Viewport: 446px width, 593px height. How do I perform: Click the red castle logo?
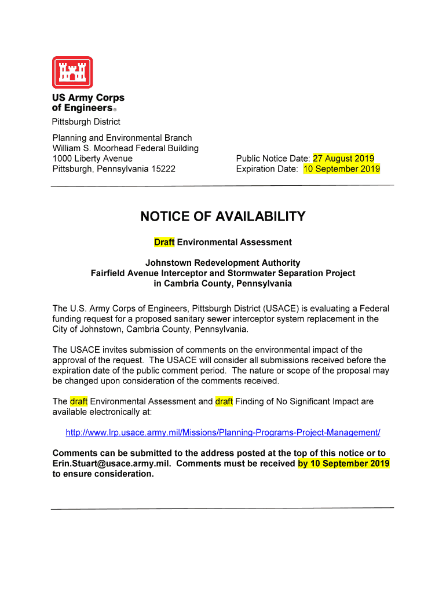click(x=72, y=72)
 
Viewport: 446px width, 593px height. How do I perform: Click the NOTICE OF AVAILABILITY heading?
click(x=222, y=217)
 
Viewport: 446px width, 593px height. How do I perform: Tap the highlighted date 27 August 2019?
click(x=343, y=158)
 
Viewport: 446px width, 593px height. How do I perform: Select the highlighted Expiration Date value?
click(x=341, y=169)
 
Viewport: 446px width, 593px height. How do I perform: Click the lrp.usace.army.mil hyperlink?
click(x=223, y=433)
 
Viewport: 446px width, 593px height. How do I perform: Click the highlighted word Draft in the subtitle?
click(x=164, y=242)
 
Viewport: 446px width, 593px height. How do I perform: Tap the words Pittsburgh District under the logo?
click(x=86, y=122)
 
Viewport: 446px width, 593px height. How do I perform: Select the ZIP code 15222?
click(x=162, y=169)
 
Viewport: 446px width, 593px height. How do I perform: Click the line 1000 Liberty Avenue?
click(x=93, y=159)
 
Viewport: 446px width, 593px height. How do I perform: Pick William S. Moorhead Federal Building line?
click(x=125, y=148)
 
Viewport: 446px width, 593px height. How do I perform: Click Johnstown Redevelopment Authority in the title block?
click(x=222, y=263)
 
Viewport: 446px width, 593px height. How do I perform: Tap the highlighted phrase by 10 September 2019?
click(x=343, y=464)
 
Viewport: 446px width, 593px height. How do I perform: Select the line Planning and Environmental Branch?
click(x=122, y=138)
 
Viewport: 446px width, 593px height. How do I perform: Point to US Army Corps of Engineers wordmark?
click(x=87, y=103)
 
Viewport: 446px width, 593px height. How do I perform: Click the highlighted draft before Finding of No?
click(x=224, y=401)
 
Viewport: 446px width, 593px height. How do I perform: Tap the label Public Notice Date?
click(x=273, y=159)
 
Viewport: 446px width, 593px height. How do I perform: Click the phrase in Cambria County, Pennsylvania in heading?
click(x=222, y=284)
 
